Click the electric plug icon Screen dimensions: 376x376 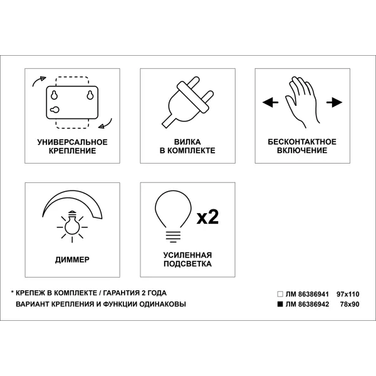tap(187, 102)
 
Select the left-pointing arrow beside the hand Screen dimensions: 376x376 tap(270, 102)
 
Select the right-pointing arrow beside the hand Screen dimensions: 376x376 tap(334, 102)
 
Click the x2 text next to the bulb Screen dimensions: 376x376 tap(207, 217)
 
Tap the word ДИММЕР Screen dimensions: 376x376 tap(72, 259)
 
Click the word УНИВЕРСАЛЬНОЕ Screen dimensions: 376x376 tap(73, 142)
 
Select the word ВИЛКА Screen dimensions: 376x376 tap(187, 142)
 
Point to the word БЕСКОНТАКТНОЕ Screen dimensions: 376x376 tap(302, 142)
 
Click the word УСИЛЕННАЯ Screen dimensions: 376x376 tap(187, 255)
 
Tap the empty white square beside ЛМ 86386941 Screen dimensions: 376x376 tap(280, 294)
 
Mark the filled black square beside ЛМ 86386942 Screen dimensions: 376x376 tap(280, 304)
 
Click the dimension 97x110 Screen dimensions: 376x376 tap(348, 294)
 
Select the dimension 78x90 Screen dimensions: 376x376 tap(350, 305)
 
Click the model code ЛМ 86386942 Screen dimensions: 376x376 tap(307, 305)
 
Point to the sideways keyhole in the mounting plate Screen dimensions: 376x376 tap(55, 110)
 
